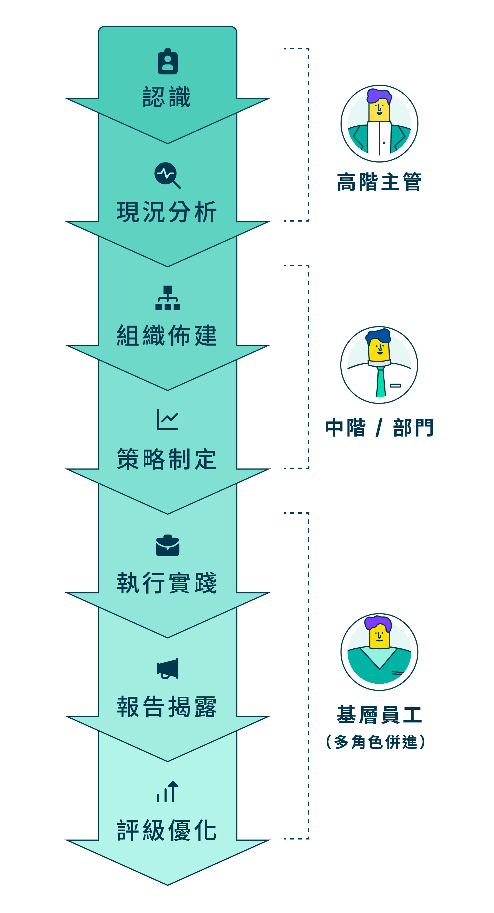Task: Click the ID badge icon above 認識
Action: (167, 62)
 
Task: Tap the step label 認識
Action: (167, 97)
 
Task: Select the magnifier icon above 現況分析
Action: (167, 175)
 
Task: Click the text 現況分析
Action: (167, 212)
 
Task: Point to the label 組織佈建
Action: (167, 335)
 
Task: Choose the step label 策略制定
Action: (167, 459)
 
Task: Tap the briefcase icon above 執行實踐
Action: (167, 546)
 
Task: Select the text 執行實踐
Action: (167, 583)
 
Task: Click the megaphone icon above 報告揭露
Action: (168, 668)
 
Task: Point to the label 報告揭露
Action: (167, 707)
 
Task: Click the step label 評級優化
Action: (167, 830)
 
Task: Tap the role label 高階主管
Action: (379, 182)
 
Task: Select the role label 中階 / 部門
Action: (379, 427)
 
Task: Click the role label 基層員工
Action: (379, 714)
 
